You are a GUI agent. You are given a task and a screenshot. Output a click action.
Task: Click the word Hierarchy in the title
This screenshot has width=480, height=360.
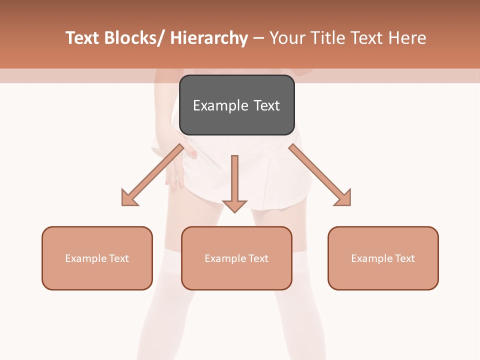coord(209,38)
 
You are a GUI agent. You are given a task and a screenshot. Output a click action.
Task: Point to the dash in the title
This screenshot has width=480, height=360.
coord(258,38)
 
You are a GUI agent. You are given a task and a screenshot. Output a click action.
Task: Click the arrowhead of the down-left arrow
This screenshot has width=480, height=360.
coord(129,197)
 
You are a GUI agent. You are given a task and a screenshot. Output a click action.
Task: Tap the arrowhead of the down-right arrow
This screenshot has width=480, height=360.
coord(343,197)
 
